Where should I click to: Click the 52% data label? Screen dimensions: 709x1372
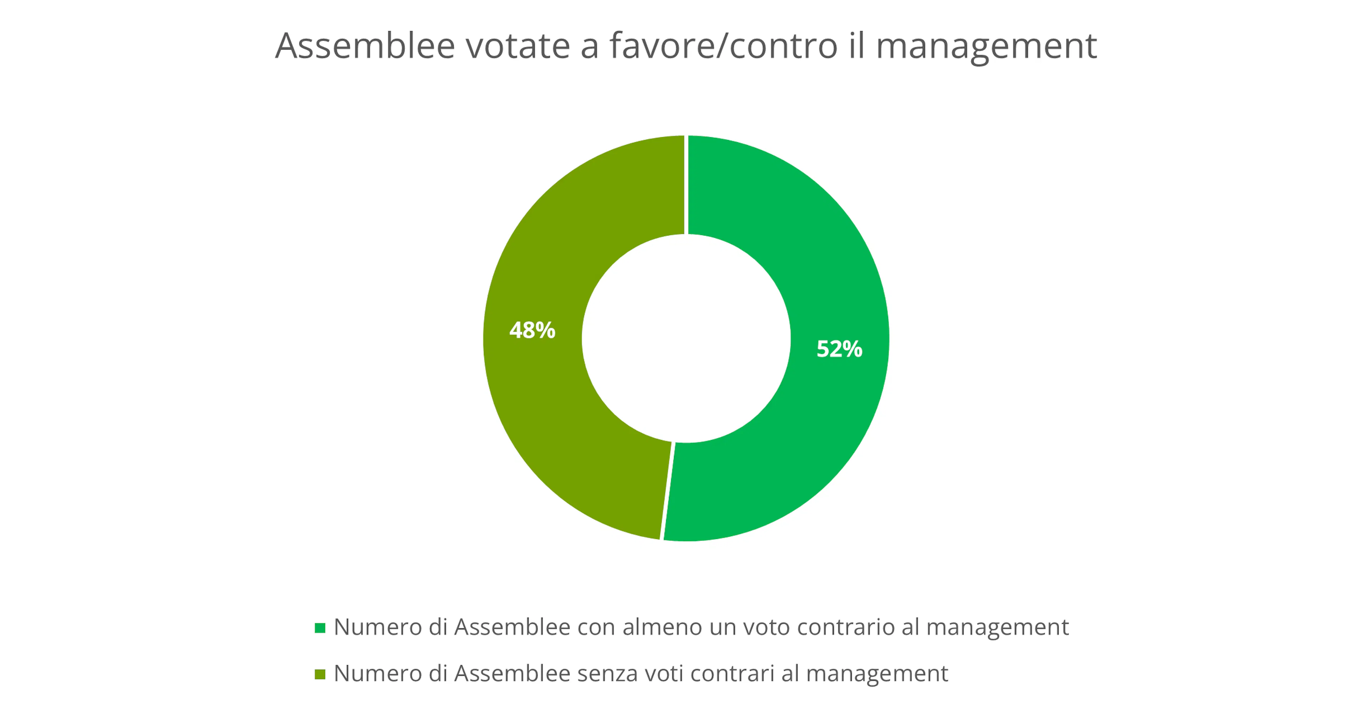839,349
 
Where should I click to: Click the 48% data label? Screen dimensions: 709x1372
532,330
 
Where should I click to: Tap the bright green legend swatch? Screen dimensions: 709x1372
319,628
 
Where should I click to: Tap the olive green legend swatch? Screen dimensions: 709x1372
319,674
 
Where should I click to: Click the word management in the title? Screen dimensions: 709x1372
986,47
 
